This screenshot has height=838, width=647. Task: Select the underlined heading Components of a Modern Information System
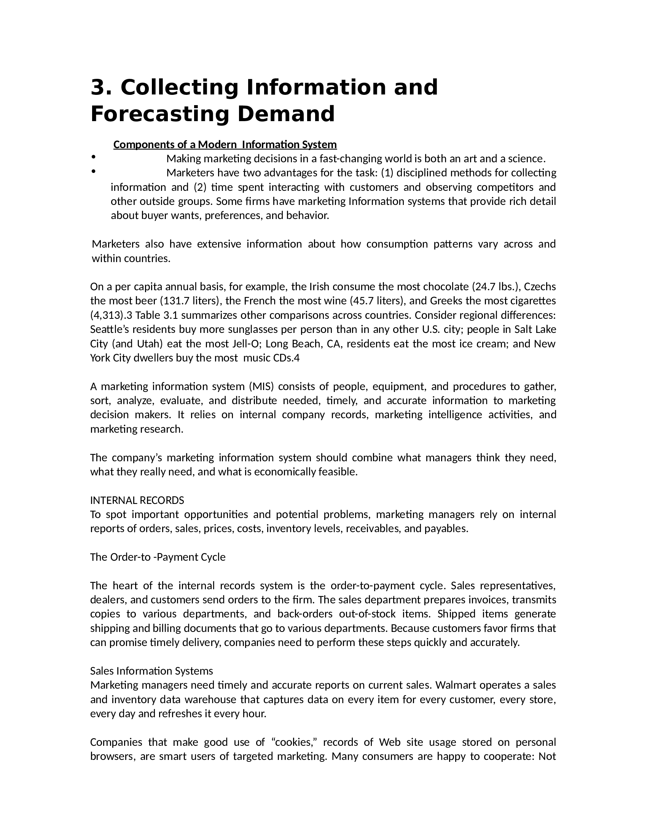pyautogui.click(x=225, y=145)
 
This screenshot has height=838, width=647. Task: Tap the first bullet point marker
pyautogui.click(x=93, y=156)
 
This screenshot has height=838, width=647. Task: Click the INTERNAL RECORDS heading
pyautogui.click(x=137, y=501)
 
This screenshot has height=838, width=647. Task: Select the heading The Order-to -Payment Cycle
pyautogui.click(x=158, y=557)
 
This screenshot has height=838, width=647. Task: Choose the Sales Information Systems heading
pyautogui.click(x=151, y=671)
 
